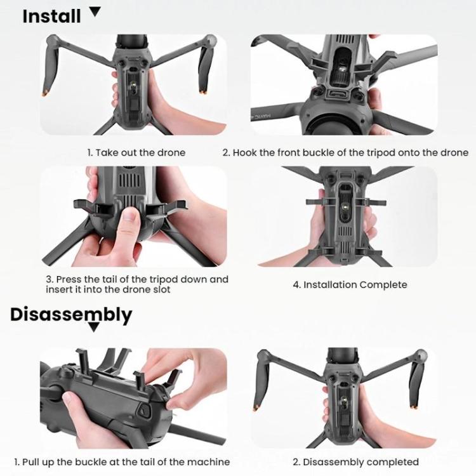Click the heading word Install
tap(51, 16)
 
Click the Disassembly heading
tap(71, 314)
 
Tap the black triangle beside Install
tap(95, 11)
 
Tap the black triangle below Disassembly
tap(94, 327)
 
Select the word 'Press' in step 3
tap(69, 279)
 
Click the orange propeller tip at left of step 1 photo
tap(45, 93)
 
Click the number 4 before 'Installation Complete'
tap(296, 284)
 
